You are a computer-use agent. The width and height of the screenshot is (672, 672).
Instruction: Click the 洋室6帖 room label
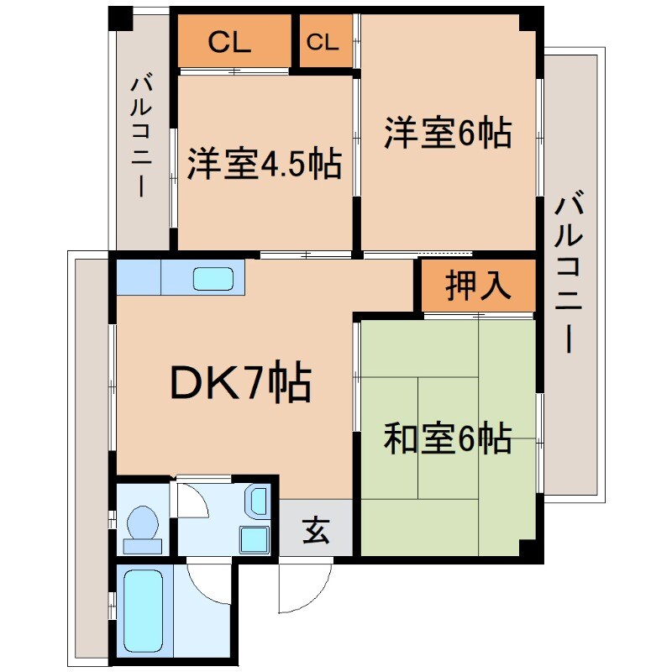(448, 134)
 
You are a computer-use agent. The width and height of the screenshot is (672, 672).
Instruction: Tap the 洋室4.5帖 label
(264, 164)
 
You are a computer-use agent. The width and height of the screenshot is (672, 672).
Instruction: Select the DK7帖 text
(241, 385)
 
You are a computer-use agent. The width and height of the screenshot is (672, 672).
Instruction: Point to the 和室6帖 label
(448, 438)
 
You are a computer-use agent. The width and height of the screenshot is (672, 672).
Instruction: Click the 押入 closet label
(478, 286)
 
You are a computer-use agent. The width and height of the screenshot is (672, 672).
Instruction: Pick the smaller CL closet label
(323, 43)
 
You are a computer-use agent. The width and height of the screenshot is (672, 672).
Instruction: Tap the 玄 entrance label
(315, 531)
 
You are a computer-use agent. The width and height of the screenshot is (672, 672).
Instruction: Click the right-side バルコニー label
(570, 273)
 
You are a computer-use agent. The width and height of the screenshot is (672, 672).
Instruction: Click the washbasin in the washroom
(257, 502)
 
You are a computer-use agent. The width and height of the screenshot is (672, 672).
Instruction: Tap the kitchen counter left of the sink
(139, 278)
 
